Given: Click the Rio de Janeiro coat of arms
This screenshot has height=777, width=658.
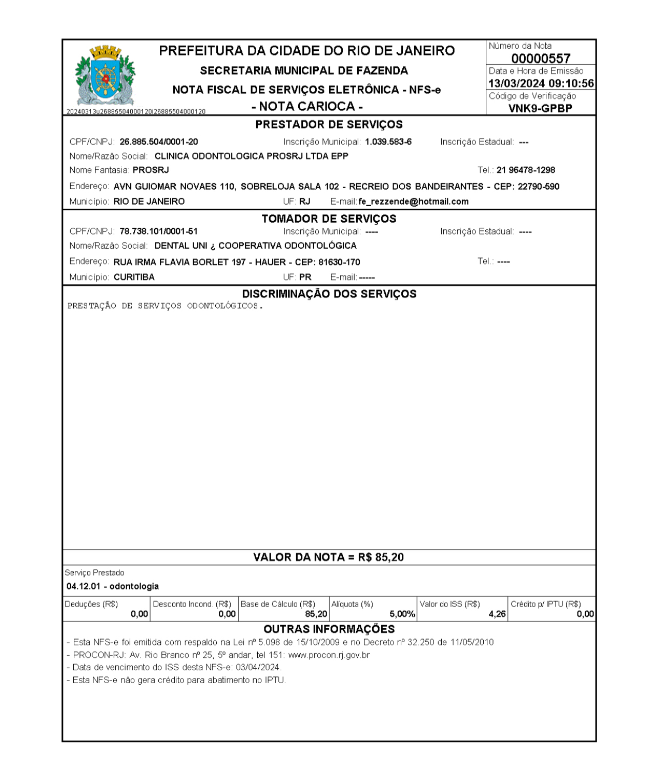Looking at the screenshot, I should click(105, 75).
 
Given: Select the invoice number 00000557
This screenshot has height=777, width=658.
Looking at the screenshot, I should click(541, 58).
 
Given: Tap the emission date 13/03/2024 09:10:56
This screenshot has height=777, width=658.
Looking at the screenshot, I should click(541, 84).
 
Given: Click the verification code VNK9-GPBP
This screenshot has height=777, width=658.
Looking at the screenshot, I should click(540, 108).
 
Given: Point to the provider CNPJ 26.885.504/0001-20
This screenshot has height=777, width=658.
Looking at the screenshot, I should click(159, 142).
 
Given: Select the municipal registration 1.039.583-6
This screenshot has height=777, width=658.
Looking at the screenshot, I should click(388, 142).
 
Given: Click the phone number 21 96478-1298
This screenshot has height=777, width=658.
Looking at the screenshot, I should click(526, 170).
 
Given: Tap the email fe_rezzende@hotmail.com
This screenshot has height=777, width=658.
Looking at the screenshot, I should click(414, 202).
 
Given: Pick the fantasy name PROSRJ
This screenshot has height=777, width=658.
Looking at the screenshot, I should click(151, 170).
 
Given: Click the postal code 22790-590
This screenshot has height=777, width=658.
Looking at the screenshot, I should click(539, 187).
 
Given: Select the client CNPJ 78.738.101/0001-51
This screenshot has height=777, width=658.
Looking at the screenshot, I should click(159, 232).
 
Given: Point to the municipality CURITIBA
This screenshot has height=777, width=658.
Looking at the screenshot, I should click(134, 277).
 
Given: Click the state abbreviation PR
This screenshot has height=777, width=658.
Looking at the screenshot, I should click(305, 277).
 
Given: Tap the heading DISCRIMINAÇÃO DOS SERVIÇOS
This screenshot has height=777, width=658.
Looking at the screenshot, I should click(329, 294).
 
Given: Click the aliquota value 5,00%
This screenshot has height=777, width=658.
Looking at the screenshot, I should click(402, 614).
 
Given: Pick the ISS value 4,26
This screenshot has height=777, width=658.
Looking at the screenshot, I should click(497, 614).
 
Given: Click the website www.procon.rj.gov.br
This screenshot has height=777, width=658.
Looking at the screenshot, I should click(329, 655).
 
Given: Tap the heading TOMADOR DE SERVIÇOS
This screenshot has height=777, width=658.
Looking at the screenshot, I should click(329, 219).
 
